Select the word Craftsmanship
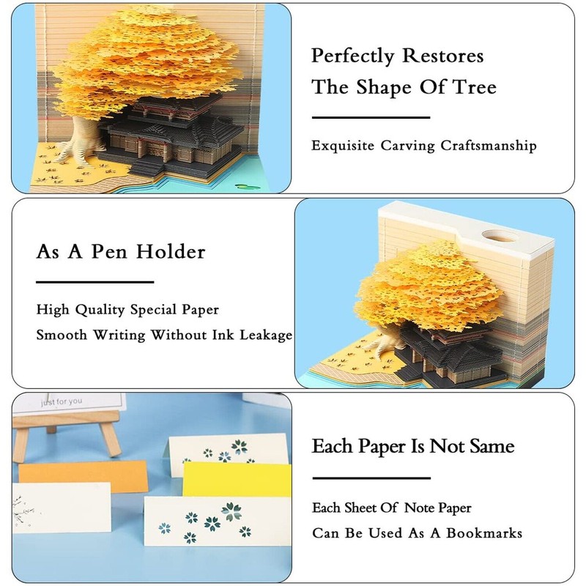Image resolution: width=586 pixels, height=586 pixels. click(x=489, y=145)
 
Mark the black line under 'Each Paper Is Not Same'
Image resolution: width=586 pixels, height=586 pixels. click(x=371, y=476)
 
